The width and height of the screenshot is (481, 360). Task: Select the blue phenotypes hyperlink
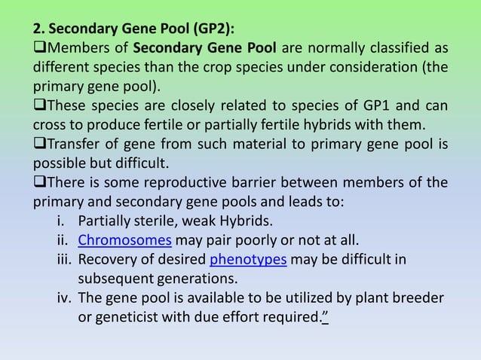[248, 260]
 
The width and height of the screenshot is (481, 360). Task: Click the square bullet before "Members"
[38, 50]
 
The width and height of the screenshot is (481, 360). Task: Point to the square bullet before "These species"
[38, 105]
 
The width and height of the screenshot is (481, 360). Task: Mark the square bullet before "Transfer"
[38, 144]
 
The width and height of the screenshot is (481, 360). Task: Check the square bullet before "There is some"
[38, 183]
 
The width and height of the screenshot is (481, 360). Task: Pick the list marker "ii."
[62, 240]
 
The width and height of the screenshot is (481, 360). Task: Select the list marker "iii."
[61, 260]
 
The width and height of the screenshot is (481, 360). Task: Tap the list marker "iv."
[61, 298]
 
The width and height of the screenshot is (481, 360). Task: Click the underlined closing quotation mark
[325, 316]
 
